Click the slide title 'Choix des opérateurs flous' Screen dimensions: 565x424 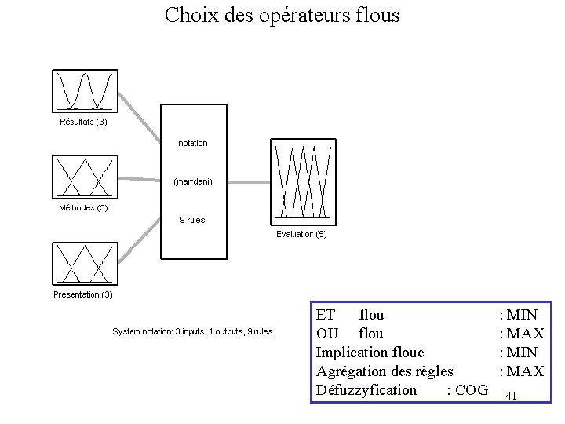(x=282, y=15)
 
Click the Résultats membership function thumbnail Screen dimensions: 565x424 (x=85, y=91)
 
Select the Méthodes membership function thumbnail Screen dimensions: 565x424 (x=85, y=176)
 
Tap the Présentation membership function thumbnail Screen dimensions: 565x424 (x=85, y=263)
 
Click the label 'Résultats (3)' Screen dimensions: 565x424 (x=84, y=122)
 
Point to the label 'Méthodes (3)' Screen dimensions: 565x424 (x=84, y=208)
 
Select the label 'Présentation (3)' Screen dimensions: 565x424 (x=83, y=294)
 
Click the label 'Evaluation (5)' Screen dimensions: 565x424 (x=302, y=234)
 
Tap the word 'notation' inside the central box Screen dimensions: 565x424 (x=193, y=143)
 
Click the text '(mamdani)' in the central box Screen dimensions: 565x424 (x=193, y=181)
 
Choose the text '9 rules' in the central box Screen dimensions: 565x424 (x=192, y=220)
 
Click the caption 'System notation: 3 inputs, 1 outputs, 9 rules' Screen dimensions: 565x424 (x=192, y=332)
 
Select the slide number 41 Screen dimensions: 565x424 (x=511, y=396)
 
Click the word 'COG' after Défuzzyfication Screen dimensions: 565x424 (x=471, y=390)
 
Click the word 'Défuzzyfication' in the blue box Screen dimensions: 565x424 (x=366, y=390)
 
